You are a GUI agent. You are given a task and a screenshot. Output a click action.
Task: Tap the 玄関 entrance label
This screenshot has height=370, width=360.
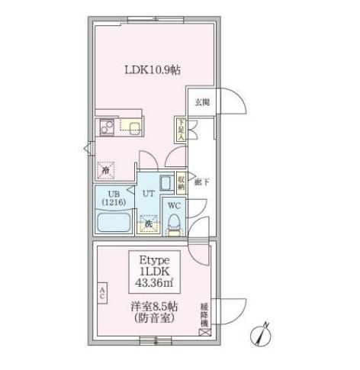tap(201, 101)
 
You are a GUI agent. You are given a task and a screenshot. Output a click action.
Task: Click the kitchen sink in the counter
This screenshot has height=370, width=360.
tap(134, 127)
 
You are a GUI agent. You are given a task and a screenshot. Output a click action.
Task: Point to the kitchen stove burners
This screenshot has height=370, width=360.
tap(106, 127)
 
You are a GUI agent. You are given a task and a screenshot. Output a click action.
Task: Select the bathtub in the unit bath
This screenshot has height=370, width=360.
tap(114, 224)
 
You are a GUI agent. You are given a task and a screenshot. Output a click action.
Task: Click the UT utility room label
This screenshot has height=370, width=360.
tap(149, 194)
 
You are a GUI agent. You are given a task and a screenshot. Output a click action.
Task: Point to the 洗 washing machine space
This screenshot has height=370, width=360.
tap(148, 224)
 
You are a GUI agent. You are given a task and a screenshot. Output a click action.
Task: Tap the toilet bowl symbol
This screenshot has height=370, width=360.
tap(174, 223)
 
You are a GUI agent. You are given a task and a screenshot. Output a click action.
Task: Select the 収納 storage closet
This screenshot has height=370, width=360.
tap(181, 182)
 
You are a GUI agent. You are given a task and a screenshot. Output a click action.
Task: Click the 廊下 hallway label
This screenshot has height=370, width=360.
tap(201, 182)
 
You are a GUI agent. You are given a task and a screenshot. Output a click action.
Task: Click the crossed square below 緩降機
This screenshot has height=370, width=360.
tap(204, 332)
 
